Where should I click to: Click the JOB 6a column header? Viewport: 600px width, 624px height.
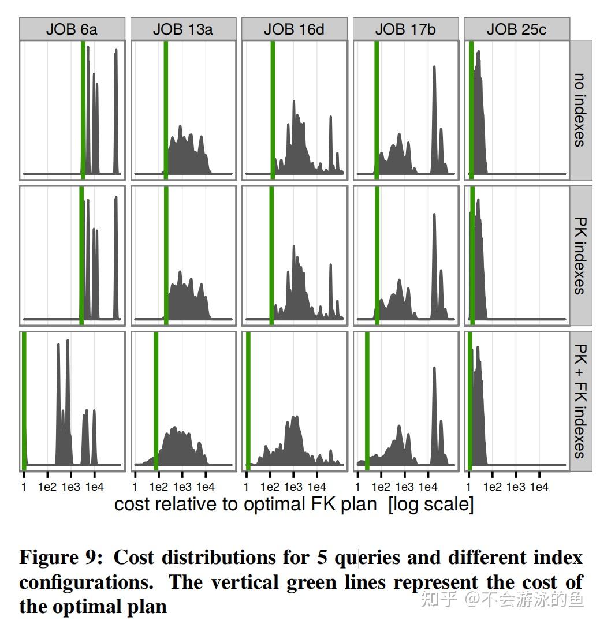click(x=72, y=29)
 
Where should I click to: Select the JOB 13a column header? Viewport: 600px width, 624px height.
click(x=183, y=29)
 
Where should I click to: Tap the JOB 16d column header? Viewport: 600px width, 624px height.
click(x=294, y=29)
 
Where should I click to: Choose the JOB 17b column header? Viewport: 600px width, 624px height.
click(x=405, y=29)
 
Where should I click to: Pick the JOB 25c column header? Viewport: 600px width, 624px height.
click(x=516, y=29)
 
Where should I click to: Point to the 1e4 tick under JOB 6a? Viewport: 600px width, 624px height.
click(x=94, y=487)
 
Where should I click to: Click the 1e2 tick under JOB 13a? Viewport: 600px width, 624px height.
click(x=159, y=487)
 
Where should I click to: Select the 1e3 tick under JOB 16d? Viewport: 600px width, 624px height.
click(x=293, y=487)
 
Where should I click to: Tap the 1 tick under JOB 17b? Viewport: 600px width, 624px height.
click(x=357, y=487)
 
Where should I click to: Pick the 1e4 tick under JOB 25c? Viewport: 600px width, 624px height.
click(x=539, y=487)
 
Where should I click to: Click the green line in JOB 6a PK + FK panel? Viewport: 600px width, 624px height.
click(x=24, y=398)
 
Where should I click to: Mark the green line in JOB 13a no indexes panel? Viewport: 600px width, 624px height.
click(x=166, y=110)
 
